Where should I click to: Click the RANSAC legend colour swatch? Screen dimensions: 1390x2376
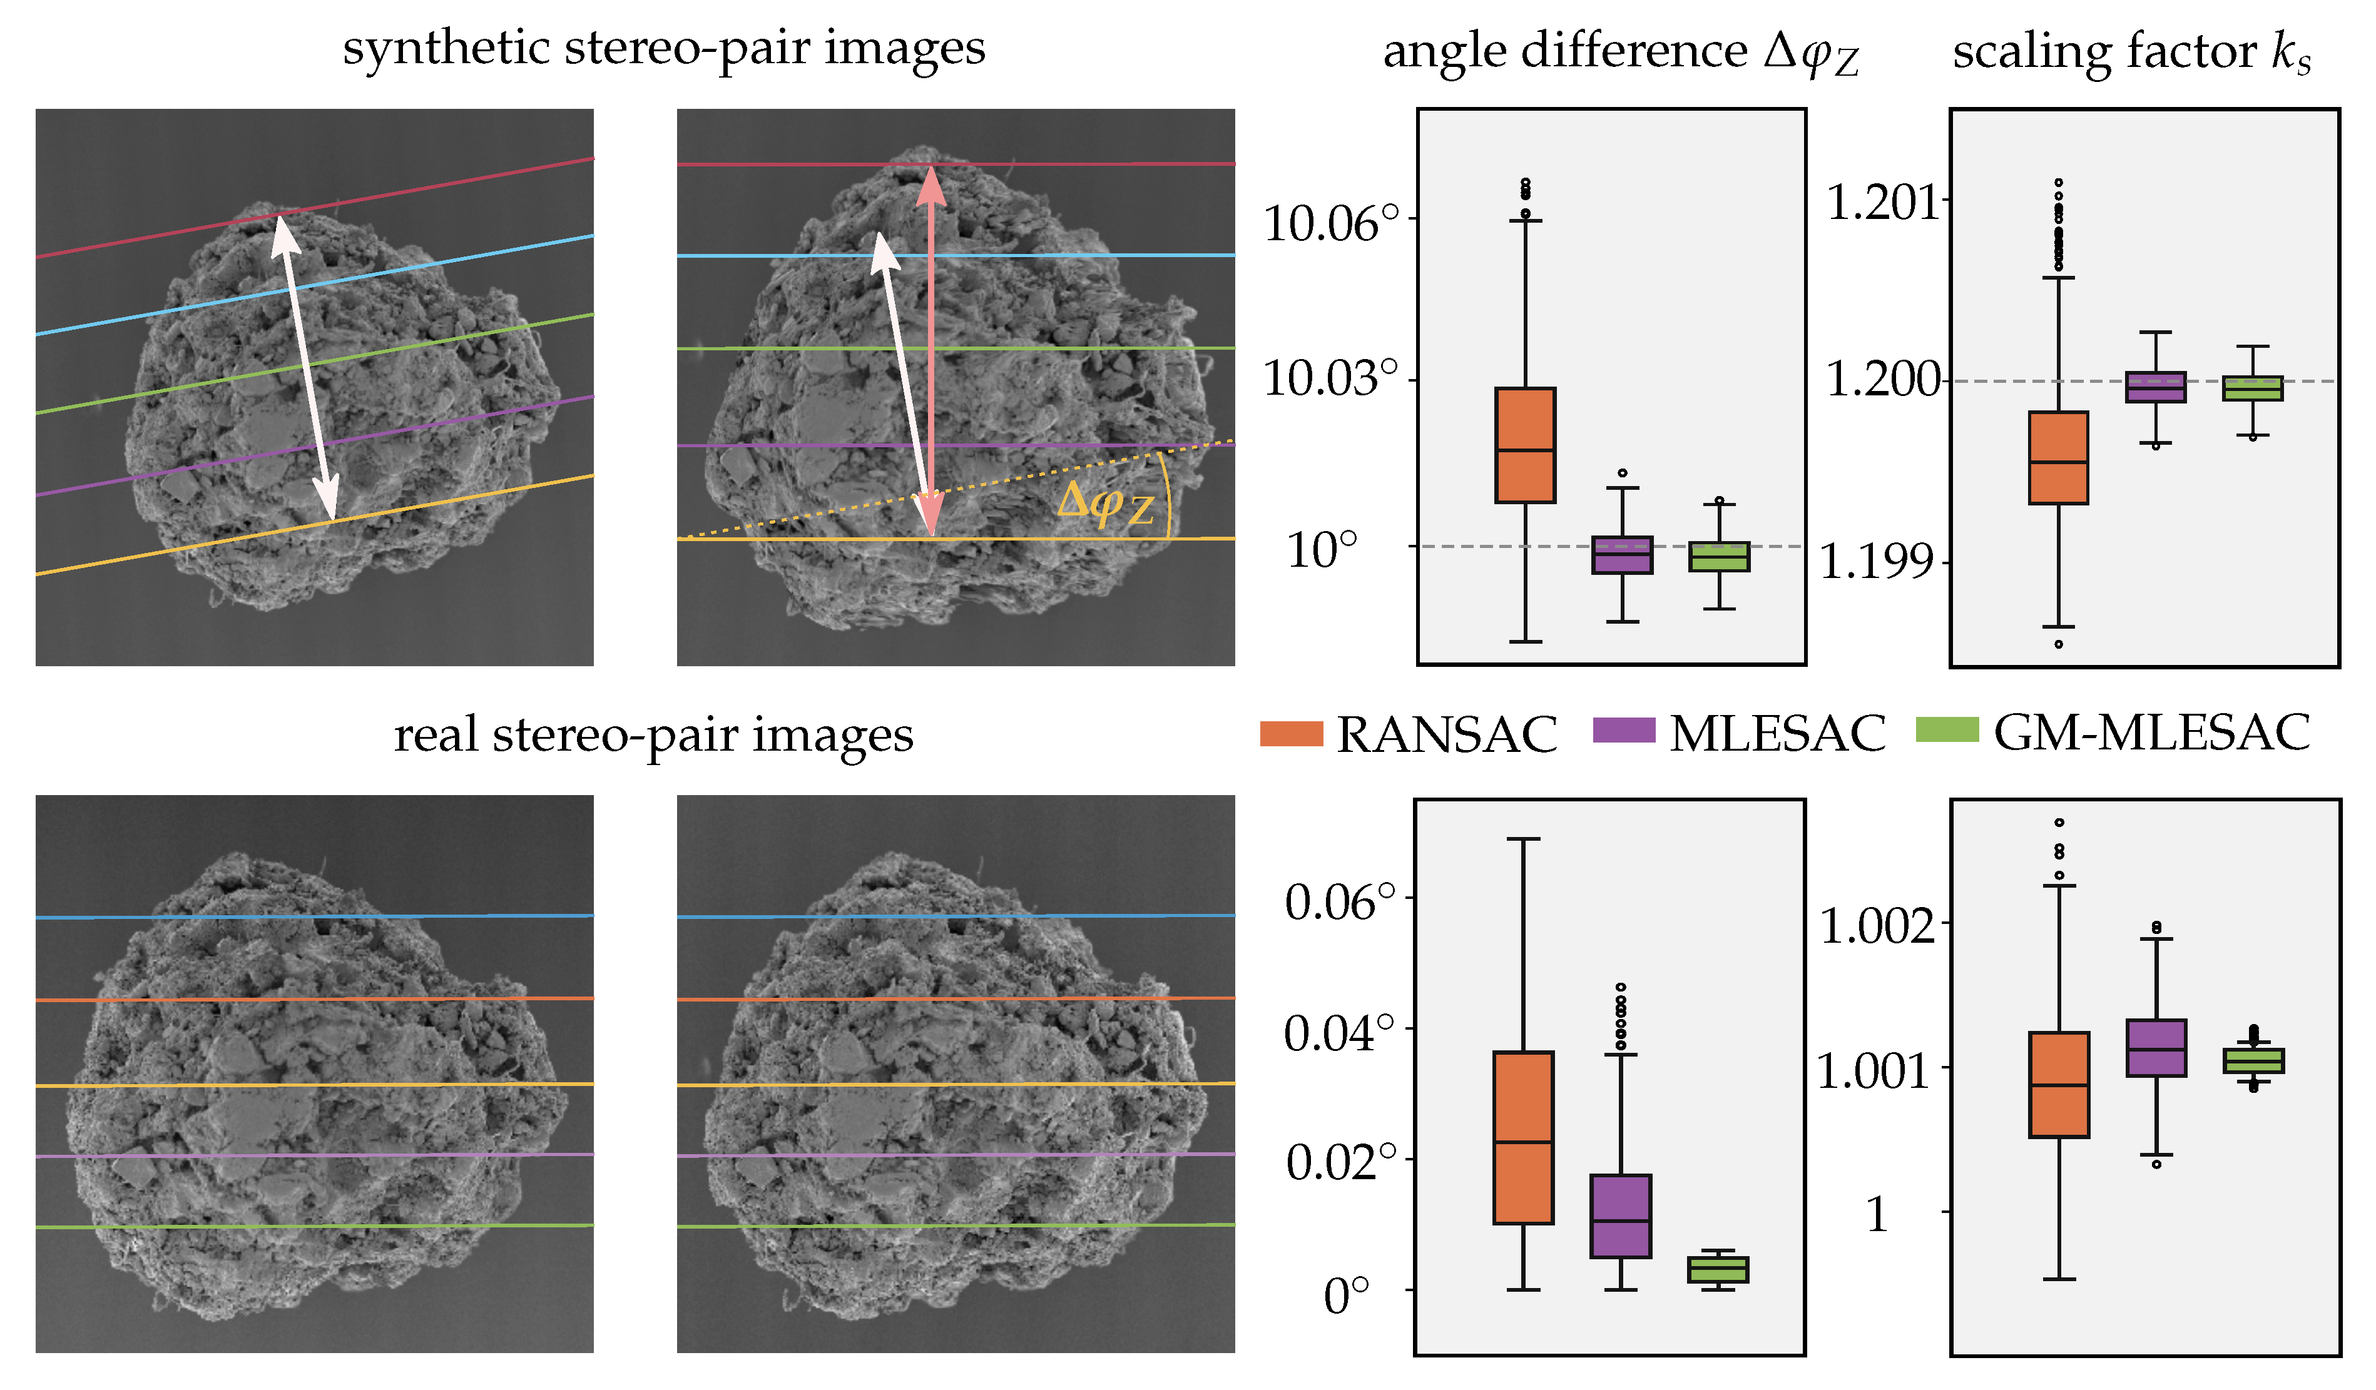[1291, 733]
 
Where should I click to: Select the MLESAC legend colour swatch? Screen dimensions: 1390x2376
[1624, 729]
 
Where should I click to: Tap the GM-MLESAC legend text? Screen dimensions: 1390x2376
[2151, 733]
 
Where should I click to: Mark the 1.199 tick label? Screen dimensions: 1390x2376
[1875, 562]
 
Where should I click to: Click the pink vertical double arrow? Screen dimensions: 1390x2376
[931, 348]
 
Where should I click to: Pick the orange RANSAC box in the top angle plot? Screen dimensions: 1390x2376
[1524, 445]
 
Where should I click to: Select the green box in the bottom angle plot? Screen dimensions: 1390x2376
[1718, 1269]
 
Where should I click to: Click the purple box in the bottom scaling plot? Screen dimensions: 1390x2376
[2156, 1048]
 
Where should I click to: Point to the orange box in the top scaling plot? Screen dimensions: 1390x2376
[2058, 458]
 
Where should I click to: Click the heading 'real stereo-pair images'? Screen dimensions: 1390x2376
[653, 734]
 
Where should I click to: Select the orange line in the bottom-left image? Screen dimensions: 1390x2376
[314, 999]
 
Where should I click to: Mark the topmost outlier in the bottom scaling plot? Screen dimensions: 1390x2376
[2059, 823]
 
